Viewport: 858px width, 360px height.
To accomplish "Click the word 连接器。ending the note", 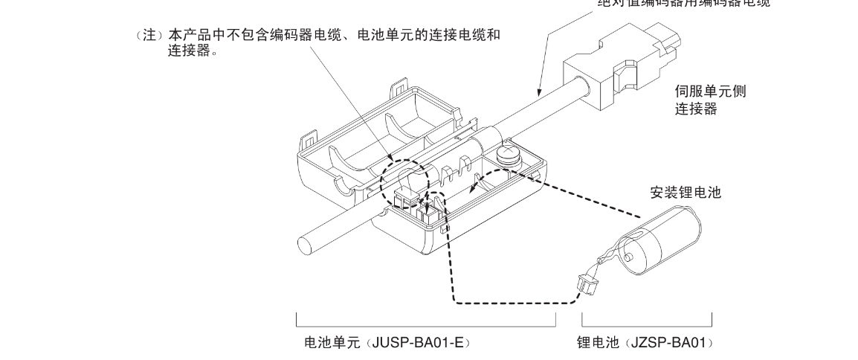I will click(x=193, y=52).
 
